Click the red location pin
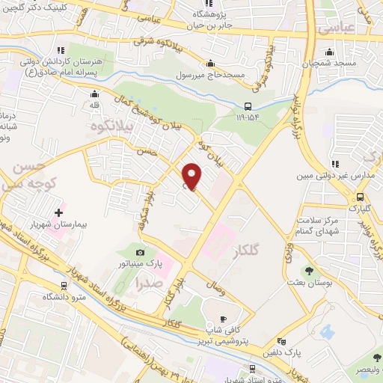(192, 176)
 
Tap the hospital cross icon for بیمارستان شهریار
(59, 192)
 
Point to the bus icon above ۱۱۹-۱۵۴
(248, 105)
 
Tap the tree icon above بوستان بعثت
(308, 272)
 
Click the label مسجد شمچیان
(330, 64)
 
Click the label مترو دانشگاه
(60, 297)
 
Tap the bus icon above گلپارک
(361, 197)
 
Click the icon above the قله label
(94, 96)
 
